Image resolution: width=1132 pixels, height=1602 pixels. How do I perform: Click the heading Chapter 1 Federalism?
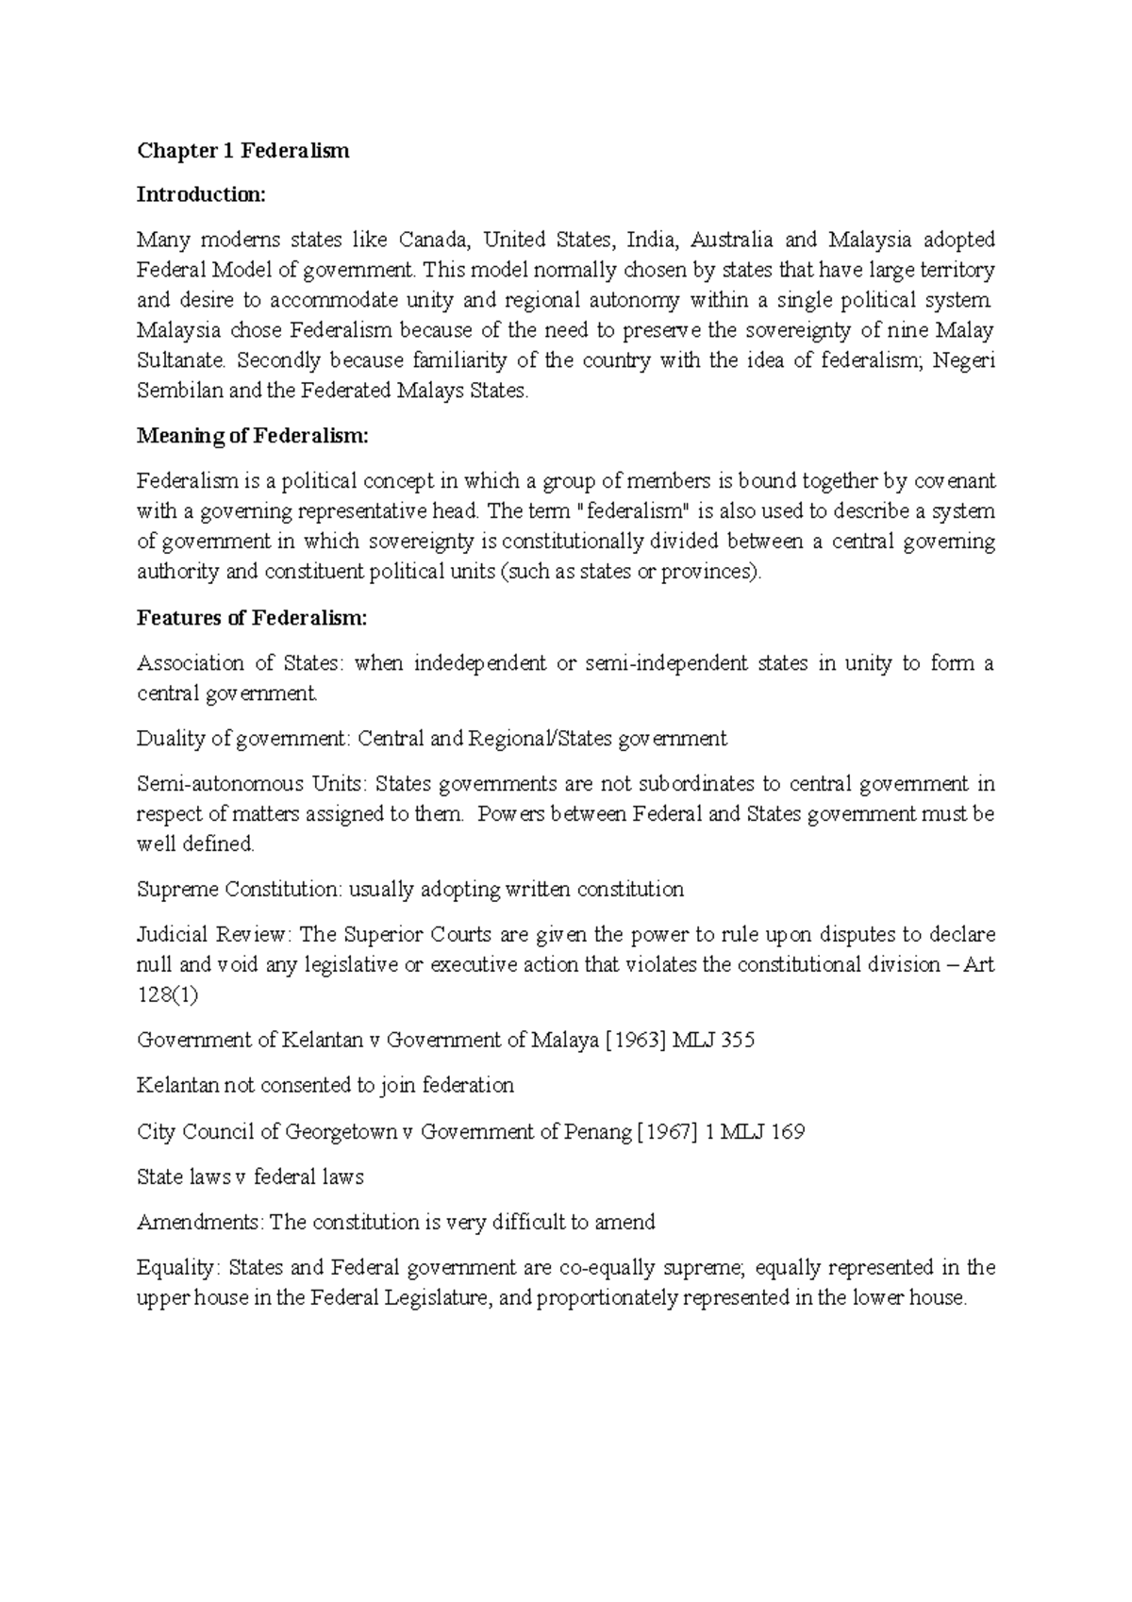(243, 151)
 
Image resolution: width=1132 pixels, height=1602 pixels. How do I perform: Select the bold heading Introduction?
(202, 195)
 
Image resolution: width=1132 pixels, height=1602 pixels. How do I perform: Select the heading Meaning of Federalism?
(253, 437)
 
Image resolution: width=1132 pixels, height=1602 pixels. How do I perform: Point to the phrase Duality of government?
(242, 739)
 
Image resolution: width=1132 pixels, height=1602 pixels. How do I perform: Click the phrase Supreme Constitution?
(239, 890)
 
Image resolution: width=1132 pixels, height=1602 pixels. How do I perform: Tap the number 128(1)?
(168, 995)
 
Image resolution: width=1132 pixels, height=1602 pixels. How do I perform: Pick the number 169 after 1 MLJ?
(787, 1131)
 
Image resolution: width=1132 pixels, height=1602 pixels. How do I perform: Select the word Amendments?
(199, 1222)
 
